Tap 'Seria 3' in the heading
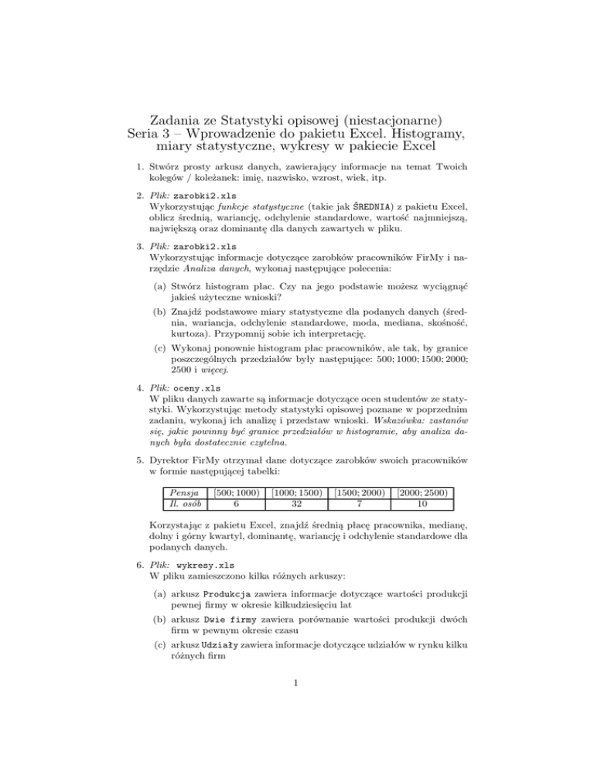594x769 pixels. pos(160,135)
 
